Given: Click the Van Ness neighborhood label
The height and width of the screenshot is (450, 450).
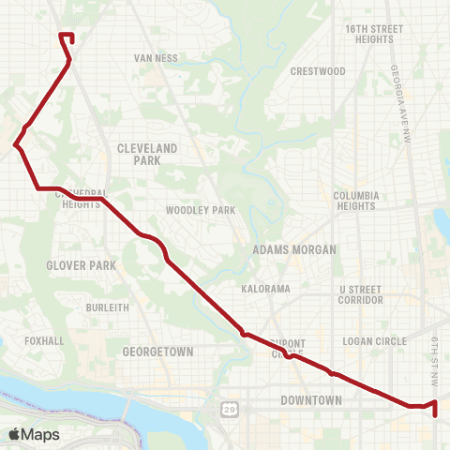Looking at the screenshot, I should point(156,57).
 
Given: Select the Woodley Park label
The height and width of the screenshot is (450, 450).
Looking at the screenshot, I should point(201,210).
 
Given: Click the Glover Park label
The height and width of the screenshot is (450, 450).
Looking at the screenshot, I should point(82,265).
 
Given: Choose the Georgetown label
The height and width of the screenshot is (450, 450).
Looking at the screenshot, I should point(157,352).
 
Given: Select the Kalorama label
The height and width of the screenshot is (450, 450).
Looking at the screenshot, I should point(265,289).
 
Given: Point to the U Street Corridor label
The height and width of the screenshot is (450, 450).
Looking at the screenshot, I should point(361,294).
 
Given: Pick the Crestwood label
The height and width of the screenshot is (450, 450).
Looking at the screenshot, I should point(318,71).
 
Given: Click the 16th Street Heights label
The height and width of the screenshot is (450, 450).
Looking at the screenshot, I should point(373,34).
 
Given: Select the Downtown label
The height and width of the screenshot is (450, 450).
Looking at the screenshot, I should point(312,400).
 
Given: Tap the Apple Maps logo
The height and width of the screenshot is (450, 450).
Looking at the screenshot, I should point(34,434).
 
